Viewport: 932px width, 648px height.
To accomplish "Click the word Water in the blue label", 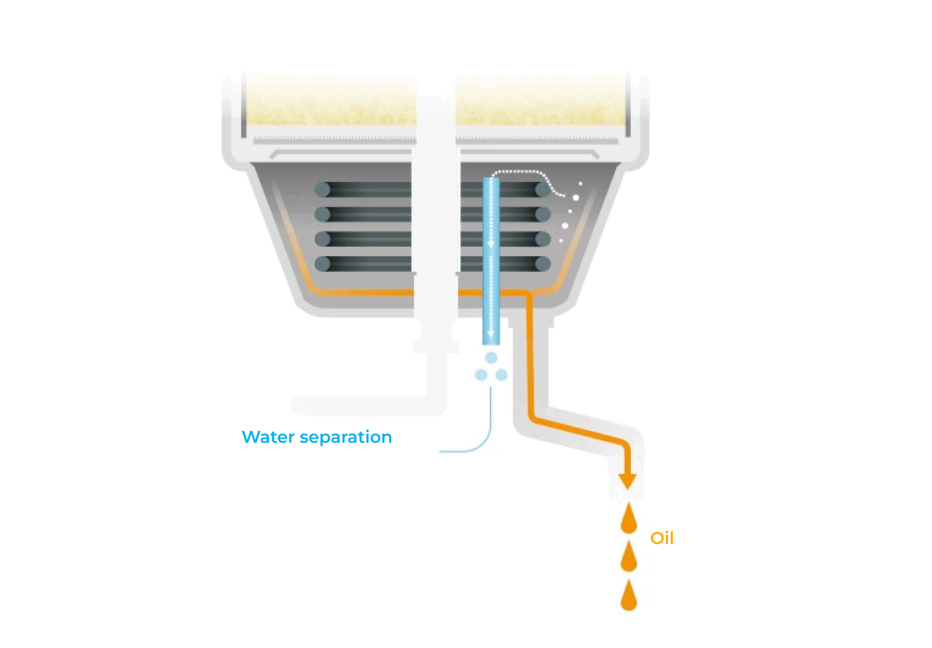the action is tap(268, 437).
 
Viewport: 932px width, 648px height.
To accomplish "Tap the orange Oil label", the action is tap(662, 538).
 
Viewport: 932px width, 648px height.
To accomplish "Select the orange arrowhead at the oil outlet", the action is tap(627, 482).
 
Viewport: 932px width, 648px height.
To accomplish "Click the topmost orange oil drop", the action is tap(629, 518).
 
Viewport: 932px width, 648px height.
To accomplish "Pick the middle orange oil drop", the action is tap(629, 556).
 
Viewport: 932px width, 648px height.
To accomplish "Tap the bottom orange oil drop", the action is tap(629, 595).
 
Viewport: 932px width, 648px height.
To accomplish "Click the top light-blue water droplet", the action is tap(491, 358).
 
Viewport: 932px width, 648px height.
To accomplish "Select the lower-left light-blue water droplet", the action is tap(481, 375).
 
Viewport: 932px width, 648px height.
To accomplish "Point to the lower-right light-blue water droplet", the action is tap(501, 375).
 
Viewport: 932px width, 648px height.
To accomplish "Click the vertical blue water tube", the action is tap(491, 261).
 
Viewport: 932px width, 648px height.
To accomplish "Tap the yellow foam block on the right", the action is tap(540, 100).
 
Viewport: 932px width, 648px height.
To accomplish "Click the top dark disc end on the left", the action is tap(322, 189).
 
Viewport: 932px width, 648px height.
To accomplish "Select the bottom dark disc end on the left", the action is tap(322, 264).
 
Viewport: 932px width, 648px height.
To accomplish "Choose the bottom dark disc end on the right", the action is tap(543, 264).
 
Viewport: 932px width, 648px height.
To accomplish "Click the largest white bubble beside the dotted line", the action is tap(576, 198).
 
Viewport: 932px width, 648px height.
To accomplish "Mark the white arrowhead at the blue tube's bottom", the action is tap(491, 334).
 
